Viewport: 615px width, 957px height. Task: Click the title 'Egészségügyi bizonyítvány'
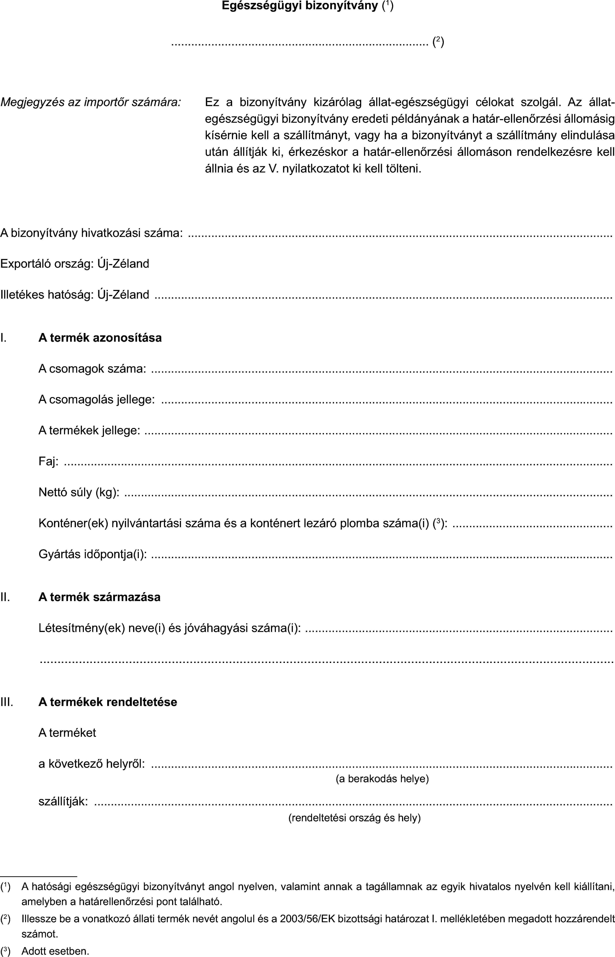coord(300,6)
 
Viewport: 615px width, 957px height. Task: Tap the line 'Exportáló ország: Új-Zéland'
coord(75,264)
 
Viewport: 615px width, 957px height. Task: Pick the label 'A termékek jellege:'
coord(89,431)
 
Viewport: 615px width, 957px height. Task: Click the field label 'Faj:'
coord(48,462)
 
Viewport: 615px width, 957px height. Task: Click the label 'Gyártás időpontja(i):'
coord(92,555)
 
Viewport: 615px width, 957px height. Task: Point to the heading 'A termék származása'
coord(99,597)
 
